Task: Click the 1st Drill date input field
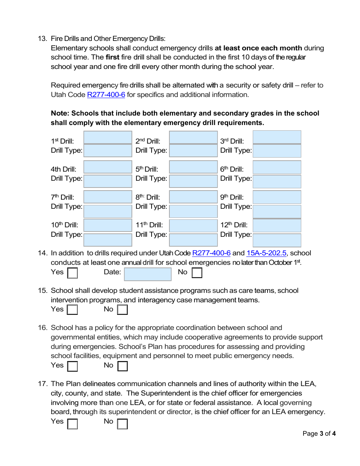[x=108, y=138]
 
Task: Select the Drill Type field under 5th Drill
[x=193, y=181]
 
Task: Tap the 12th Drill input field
[x=277, y=225]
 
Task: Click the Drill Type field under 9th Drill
[x=277, y=211]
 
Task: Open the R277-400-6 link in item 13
[x=106, y=95]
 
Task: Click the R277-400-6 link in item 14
[x=211, y=253]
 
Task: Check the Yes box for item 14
[x=72, y=273]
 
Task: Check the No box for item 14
[x=197, y=273]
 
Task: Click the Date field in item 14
[x=148, y=274]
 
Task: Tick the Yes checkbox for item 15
[x=72, y=310]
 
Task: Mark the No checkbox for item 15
[x=122, y=310]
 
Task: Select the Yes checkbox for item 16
[x=72, y=366]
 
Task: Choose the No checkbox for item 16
[x=122, y=366]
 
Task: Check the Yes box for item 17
[x=72, y=423]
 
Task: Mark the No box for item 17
[x=122, y=423]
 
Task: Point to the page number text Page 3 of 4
[x=319, y=434]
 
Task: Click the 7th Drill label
[x=63, y=197]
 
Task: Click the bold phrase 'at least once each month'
[x=258, y=48]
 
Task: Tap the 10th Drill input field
[x=108, y=225]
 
